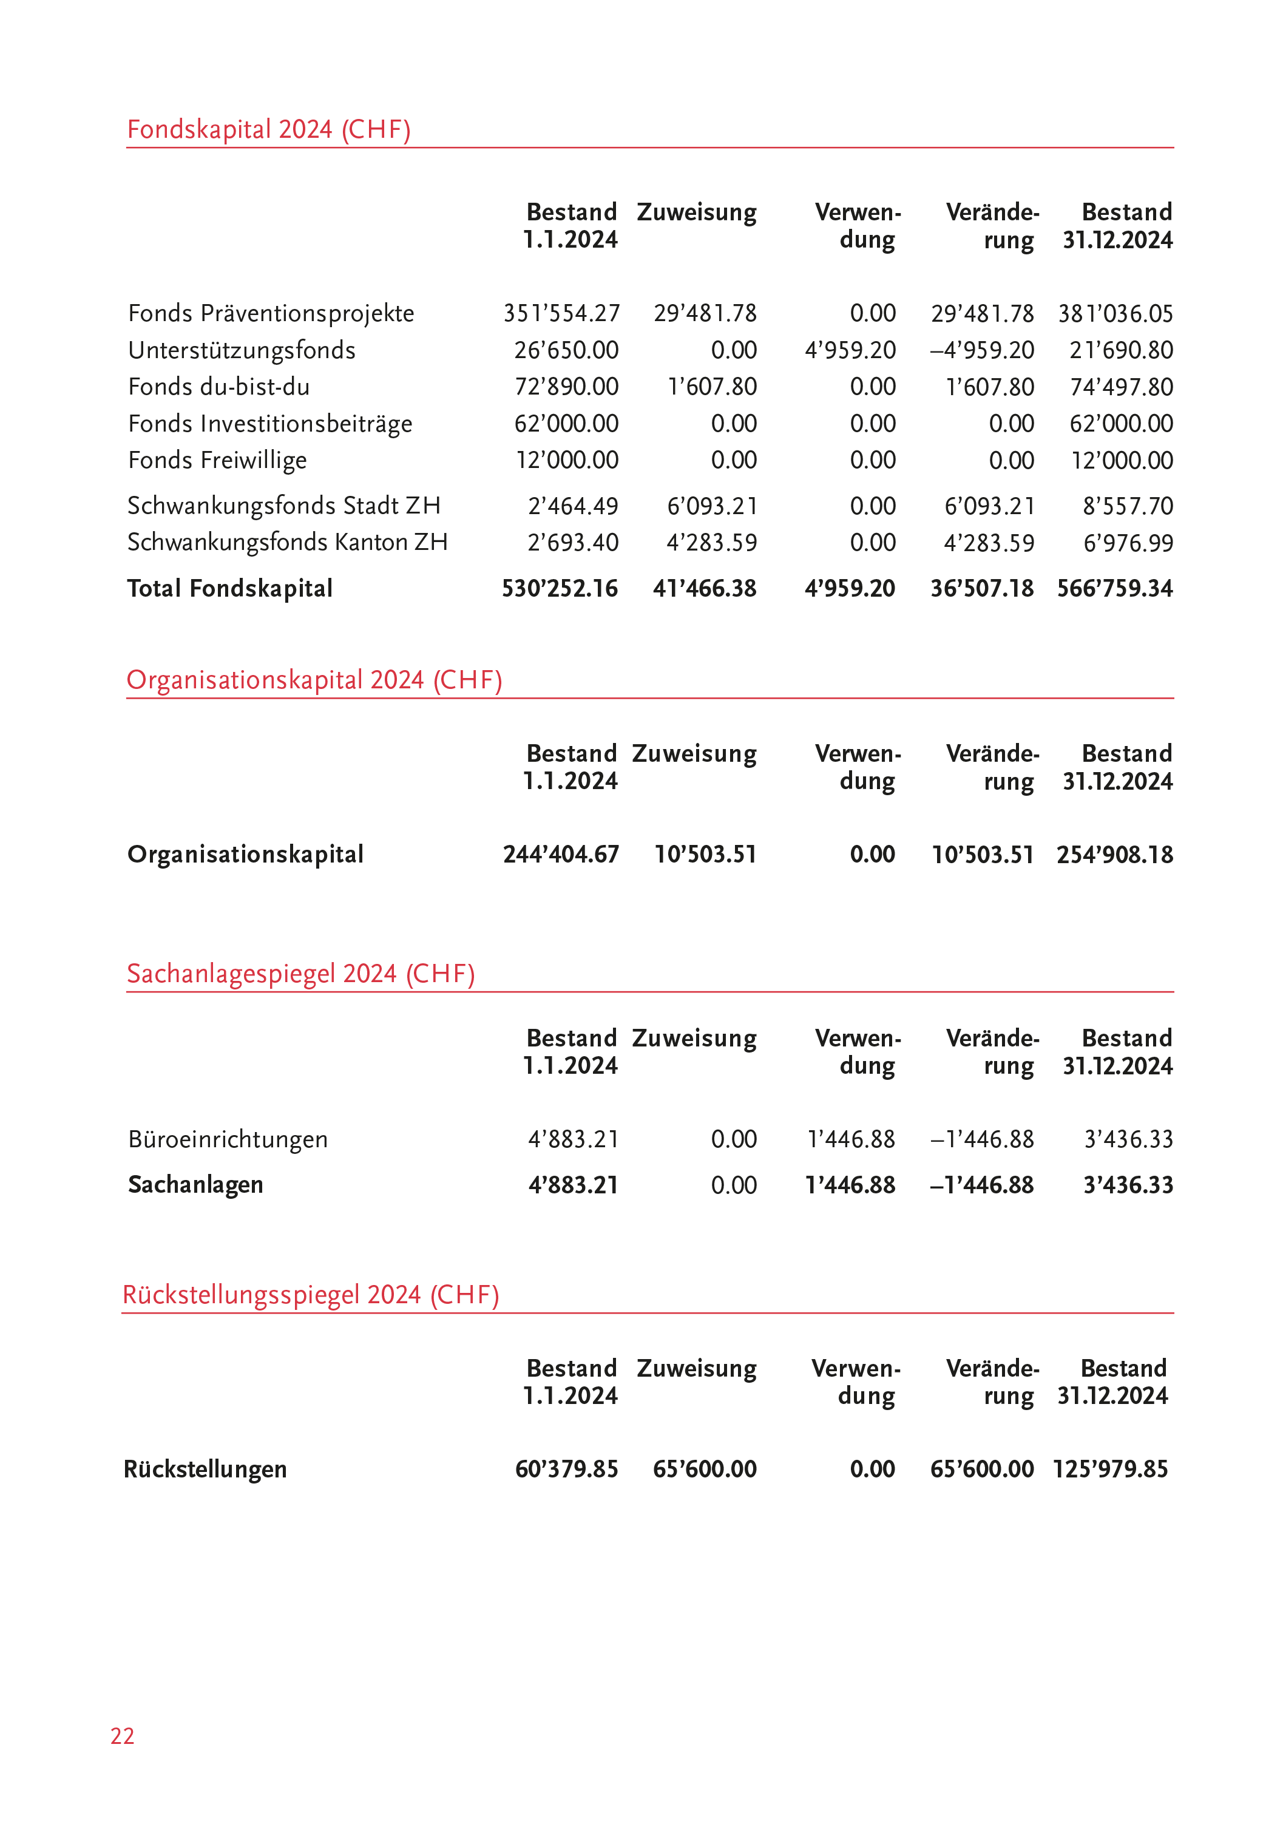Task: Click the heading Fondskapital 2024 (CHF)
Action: coord(269,129)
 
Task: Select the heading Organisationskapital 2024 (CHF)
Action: coord(314,680)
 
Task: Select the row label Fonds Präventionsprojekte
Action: coord(271,313)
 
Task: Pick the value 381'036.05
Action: coord(1115,314)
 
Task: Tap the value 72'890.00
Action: coord(566,387)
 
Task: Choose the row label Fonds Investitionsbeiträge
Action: coord(271,424)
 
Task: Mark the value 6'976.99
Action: coord(1128,543)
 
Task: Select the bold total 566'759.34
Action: coord(1114,589)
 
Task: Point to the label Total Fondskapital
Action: coord(230,589)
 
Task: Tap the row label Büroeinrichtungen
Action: coord(228,1140)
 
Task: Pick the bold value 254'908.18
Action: coord(1114,855)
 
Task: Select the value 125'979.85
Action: coord(1110,1469)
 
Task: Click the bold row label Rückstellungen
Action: coord(205,1469)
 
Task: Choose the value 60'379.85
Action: coord(566,1469)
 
